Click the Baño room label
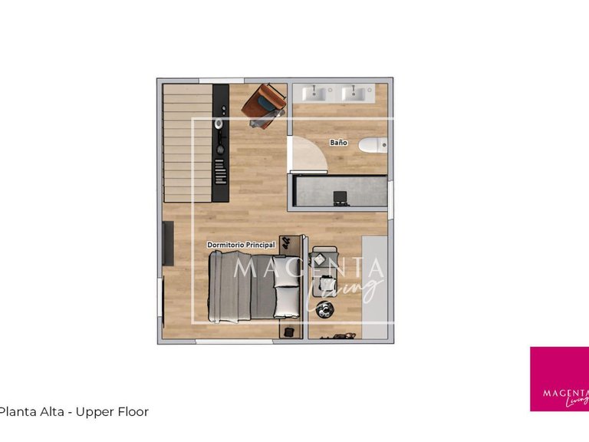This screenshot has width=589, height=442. click(x=338, y=143)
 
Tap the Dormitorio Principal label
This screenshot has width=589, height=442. click(x=241, y=245)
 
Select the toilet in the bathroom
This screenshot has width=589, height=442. click(x=373, y=145)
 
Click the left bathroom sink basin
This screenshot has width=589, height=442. click(x=314, y=93)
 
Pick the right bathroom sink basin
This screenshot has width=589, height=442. click(x=354, y=93)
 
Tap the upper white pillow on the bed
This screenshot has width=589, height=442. click(x=286, y=272)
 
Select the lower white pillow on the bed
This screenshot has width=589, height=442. click(x=287, y=302)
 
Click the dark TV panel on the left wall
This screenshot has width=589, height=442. click(x=168, y=243)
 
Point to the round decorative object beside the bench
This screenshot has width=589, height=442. click(x=324, y=309)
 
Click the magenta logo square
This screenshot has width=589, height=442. click(x=559, y=379)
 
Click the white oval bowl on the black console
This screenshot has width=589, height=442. click(x=219, y=124)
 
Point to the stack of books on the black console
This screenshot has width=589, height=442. click(x=220, y=172)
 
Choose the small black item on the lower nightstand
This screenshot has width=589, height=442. click(x=289, y=331)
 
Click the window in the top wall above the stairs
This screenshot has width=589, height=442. click(x=221, y=81)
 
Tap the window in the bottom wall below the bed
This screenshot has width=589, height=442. click(x=234, y=341)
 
